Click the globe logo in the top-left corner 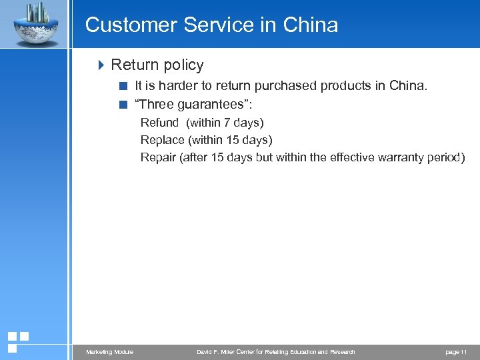[x=35, y=24]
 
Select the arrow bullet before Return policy [x=101, y=65]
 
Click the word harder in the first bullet [x=173, y=86]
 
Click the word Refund [x=159, y=123]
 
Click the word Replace [x=163, y=140]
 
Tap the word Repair [x=158, y=157]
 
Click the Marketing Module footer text [x=109, y=352]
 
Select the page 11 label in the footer [x=457, y=352]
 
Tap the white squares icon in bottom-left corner [x=18, y=341]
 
